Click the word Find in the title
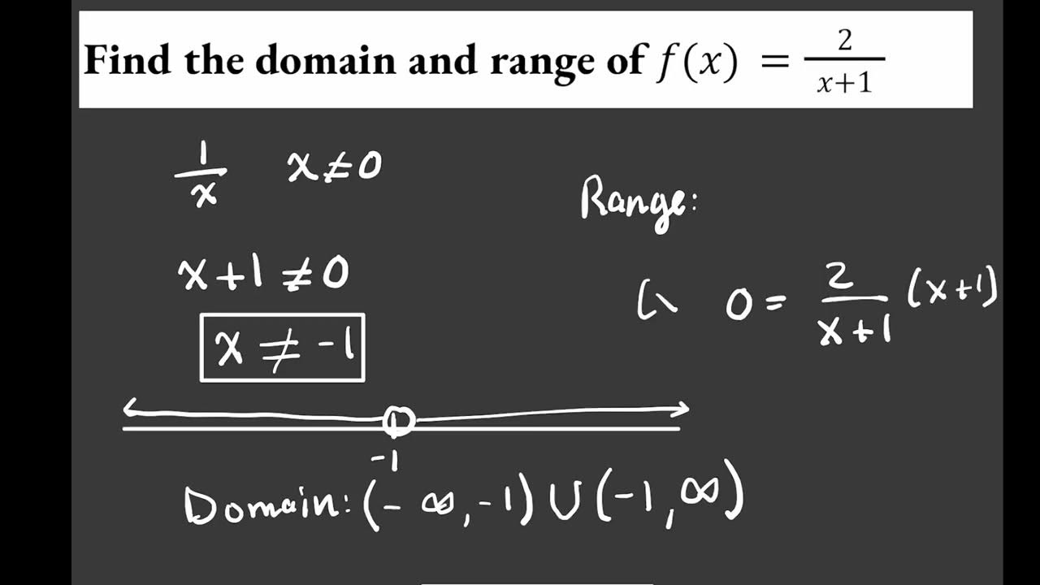pos(129,61)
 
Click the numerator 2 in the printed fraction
pos(845,41)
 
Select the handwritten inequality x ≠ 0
pos(333,167)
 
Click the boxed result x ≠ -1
pos(283,348)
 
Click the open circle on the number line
pos(398,421)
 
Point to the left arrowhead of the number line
pos(130,410)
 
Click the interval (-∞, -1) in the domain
pos(447,501)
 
